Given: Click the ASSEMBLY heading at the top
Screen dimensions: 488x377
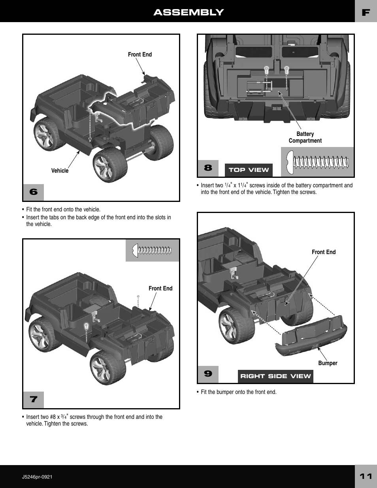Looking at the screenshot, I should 188,12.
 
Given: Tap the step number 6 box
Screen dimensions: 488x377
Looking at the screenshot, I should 34,192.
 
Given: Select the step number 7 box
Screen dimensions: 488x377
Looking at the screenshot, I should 34,399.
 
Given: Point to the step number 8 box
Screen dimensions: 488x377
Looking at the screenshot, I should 208,168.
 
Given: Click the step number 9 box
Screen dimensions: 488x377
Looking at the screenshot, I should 208,374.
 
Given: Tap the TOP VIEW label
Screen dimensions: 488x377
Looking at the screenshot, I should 249,170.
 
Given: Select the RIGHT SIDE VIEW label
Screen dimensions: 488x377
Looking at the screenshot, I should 275,376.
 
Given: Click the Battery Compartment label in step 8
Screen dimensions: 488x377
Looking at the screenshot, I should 305,138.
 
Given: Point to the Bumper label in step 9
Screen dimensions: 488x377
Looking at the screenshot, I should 328,363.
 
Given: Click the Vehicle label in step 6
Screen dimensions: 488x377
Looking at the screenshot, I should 60,171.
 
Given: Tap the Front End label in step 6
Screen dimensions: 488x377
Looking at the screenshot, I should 140,55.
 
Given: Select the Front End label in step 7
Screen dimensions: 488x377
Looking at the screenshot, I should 160,288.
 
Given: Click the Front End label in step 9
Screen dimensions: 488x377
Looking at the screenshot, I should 324,252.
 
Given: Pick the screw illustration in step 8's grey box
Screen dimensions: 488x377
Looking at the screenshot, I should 318,162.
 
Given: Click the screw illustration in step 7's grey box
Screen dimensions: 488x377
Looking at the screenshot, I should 153,250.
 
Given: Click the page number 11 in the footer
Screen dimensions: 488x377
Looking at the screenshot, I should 366,476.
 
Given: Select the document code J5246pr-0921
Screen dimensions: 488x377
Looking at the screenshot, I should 37,477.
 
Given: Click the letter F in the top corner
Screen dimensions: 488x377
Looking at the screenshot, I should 366,12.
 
